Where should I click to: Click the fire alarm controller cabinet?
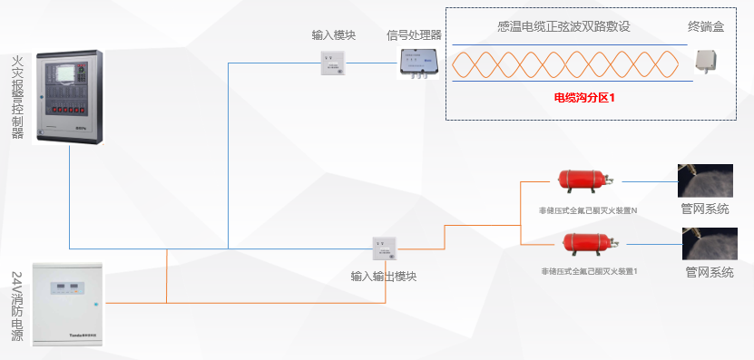pos(69,98)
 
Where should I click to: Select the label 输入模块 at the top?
pos(333,35)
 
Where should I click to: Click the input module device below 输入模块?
pos(331,63)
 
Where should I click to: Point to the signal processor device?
pos(418,63)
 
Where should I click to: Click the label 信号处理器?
pos(414,35)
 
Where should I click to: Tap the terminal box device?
pos(706,60)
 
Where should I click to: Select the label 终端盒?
pos(706,27)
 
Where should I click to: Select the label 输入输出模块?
pos(384,276)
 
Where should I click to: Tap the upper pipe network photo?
pos(706,180)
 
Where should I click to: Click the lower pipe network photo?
pos(708,244)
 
